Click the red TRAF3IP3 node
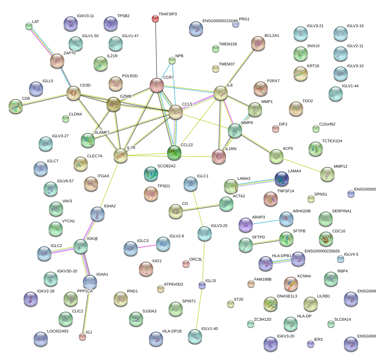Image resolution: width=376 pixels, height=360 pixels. (155, 18)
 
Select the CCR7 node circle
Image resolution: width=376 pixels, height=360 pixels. (156, 85)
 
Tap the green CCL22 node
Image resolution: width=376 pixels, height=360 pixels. (174, 153)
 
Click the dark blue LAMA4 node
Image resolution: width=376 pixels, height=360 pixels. (282, 179)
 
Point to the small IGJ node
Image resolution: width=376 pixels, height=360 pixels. (82, 336)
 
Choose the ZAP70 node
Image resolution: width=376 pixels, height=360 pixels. (57, 61)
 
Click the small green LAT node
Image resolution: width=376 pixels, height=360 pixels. (29, 26)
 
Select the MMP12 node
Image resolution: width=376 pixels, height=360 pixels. (327, 174)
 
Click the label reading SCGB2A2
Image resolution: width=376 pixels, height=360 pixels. (166, 166)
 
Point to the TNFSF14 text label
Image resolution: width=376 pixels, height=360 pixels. (285, 191)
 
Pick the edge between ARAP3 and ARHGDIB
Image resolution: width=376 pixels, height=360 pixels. (266, 222)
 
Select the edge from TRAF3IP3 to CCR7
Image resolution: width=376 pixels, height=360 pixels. (156, 50)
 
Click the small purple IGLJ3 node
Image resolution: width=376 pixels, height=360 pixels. (202, 285)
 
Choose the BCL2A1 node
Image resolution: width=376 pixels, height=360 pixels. (258, 43)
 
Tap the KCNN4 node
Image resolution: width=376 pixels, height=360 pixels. (291, 283)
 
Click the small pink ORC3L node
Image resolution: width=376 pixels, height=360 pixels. (186, 264)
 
